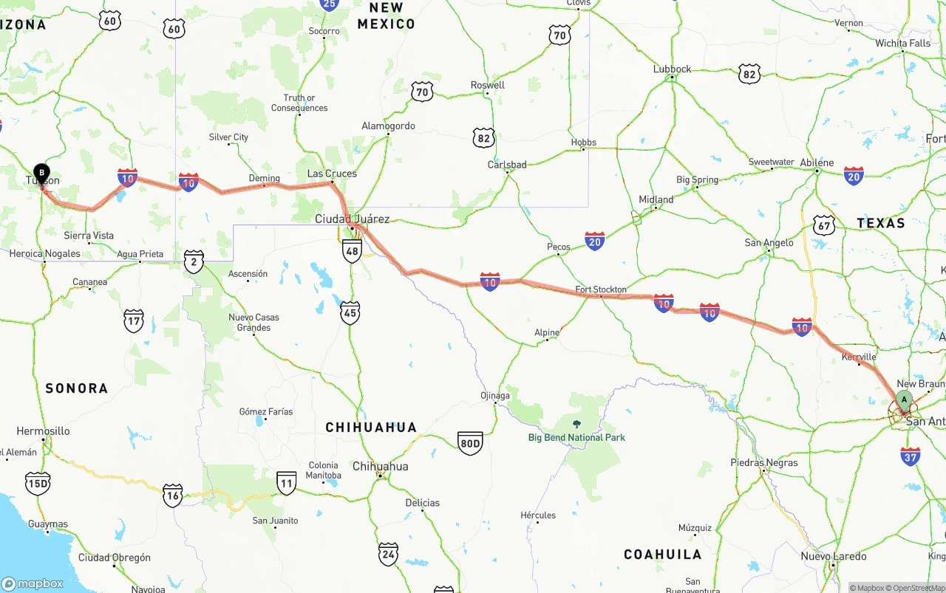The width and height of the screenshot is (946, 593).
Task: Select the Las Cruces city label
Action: click(332, 174)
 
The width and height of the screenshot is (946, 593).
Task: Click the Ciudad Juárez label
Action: click(352, 219)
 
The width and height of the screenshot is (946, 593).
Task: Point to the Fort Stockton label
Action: click(601, 289)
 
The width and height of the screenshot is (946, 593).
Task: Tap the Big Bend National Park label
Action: click(576, 437)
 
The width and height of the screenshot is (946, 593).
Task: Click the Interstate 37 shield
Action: click(911, 456)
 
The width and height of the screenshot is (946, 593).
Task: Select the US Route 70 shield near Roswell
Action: click(422, 92)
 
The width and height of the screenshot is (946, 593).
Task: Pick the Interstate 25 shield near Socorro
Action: click(330, 4)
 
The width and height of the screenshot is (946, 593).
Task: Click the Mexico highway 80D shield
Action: click(470, 443)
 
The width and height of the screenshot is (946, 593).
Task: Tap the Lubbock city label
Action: click(673, 69)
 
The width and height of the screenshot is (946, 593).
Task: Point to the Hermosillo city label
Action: click(43, 431)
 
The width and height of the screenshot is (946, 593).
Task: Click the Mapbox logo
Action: click(33, 583)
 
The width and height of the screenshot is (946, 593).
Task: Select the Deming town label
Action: click(265, 178)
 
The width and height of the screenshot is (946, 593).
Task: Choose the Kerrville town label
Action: click(859, 357)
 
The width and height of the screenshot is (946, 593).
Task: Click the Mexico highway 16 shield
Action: click(173, 496)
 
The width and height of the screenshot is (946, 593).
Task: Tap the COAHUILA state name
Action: click(662, 554)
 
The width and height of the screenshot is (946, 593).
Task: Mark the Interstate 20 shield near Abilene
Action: click(854, 175)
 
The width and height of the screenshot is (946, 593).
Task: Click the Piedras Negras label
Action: click(764, 463)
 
